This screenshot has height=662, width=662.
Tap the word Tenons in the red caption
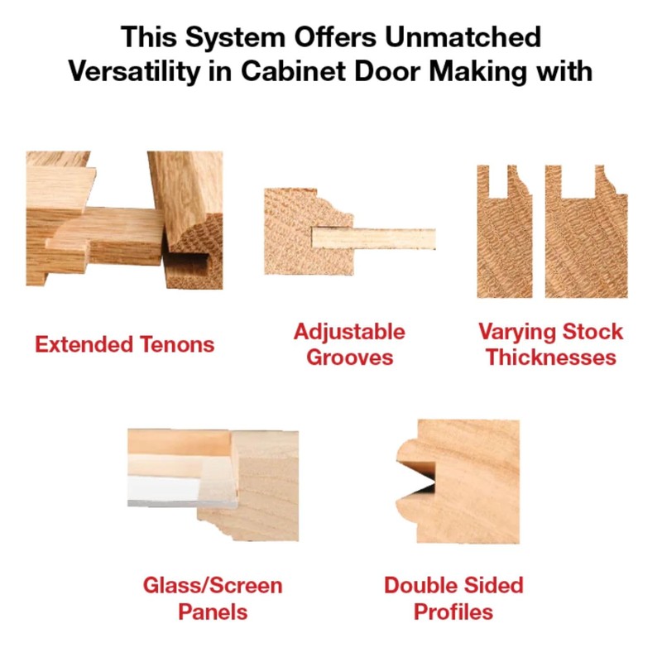point(177,344)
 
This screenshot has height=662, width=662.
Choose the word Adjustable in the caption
point(349,332)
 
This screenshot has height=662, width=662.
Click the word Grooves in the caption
point(349,358)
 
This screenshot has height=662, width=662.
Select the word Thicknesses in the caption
point(550,358)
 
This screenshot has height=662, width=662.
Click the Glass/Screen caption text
point(213,586)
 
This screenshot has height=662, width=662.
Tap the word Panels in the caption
point(213,612)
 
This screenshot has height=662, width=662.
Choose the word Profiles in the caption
point(453,612)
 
